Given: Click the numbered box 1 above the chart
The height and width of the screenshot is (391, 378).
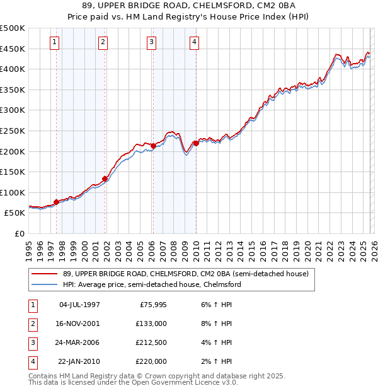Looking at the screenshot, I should pyautogui.click(x=55, y=42).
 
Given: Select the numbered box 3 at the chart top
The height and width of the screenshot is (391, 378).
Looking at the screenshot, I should pyautogui.click(x=152, y=42).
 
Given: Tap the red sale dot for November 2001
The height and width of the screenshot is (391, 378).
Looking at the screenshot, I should pyautogui.click(x=105, y=178).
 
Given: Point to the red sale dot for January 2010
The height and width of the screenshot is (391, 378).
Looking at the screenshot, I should pyautogui.click(x=195, y=143).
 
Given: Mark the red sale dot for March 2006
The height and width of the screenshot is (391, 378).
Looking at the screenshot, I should pyautogui.click(x=153, y=146).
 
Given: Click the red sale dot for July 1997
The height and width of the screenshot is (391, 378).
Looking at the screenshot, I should pyautogui.click(x=56, y=202).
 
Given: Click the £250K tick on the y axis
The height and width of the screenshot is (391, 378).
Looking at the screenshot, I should pyautogui.click(x=13, y=131).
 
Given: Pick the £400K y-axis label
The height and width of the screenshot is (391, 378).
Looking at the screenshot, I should pyautogui.click(x=13, y=69).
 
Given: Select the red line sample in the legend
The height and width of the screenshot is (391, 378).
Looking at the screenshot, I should pyautogui.click(x=45, y=274).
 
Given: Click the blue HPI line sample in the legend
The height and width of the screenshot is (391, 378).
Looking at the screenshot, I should pyautogui.click(x=45, y=285).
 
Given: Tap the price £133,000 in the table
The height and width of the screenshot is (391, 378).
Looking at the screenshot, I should pyautogui.click(x=151, y=323).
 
